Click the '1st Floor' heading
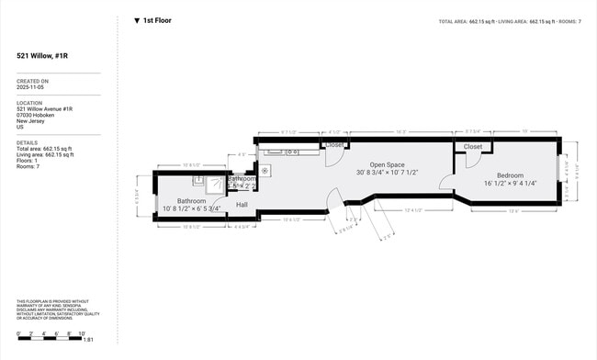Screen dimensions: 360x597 [157, 20]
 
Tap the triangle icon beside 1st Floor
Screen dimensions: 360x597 [137, 20]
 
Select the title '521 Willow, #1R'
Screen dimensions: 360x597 [42, 56]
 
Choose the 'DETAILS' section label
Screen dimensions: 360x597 [27, 142]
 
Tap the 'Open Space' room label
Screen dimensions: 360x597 [389, 164]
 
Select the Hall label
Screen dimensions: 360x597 [242, 205]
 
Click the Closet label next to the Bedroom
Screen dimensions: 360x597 [473, 147]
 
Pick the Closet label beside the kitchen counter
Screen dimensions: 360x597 [335, 145]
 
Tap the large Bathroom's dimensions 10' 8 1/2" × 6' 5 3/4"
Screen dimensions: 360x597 [192, 208]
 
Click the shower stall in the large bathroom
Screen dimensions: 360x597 [215, 183]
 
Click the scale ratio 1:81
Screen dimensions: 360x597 [88, 340]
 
